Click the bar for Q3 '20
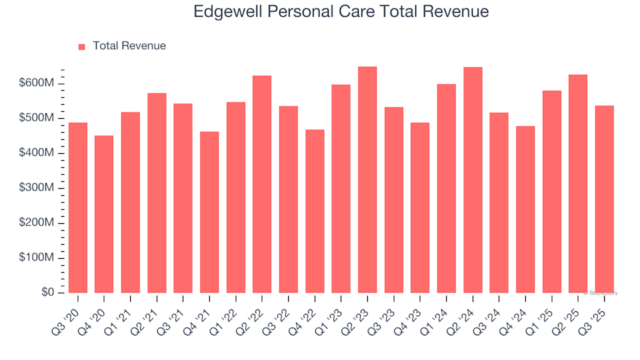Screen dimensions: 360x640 tap(77, 208)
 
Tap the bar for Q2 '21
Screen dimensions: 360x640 tap(157, 193)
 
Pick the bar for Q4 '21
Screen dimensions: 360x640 tap(209, 213)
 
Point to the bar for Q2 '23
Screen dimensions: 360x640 tap(367, 180)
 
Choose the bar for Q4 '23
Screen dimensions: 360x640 tap(420, 208)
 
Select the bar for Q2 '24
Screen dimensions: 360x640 tap(473, 180)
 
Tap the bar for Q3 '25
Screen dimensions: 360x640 tap(605, 199)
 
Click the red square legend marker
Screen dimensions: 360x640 tap(82, 47)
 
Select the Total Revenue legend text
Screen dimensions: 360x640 tap(129, 46)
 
